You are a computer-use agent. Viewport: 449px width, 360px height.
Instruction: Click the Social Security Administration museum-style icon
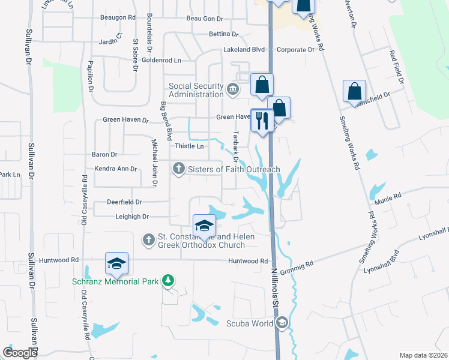click(233, 90)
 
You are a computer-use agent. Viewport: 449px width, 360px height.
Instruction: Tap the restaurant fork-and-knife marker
click(262, 121)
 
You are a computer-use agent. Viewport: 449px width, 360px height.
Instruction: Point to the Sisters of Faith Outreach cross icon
click(178, 169)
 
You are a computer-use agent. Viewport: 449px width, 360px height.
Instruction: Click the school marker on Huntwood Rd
click(116, 263)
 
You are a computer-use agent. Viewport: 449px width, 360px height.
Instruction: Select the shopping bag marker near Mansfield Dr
click(355, 91)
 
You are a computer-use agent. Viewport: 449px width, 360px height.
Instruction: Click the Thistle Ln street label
click(189, 146)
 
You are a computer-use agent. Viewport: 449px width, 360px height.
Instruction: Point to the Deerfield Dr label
click(124, 203)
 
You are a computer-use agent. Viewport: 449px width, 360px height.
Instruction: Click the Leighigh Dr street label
click(127, 216)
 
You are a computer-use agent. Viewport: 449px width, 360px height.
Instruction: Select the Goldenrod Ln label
click(161, 60)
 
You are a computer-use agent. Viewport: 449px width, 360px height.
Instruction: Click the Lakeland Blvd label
click(244, 50)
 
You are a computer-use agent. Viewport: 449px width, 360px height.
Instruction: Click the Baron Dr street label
click(104, 155)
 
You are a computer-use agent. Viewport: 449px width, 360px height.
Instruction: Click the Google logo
click(20, 353)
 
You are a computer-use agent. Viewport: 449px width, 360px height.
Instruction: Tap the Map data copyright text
click(423, 355)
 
